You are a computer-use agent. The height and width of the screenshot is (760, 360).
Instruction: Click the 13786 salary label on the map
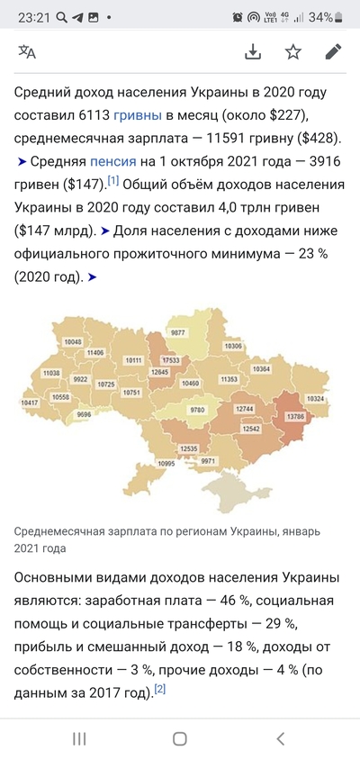click(295, 417)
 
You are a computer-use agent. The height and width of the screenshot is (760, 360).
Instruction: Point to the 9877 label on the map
click(178, 332)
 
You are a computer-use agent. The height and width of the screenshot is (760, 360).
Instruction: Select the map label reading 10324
click(315, 398)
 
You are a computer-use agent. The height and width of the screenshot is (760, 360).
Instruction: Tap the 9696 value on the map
click(84, 414)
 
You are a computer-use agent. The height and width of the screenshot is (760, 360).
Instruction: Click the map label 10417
click(31, 403)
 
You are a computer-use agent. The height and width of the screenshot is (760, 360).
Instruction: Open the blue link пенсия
click(112, 162)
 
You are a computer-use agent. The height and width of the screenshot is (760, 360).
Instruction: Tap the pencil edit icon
click(333, 51)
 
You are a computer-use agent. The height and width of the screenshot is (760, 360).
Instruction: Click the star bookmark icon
click(293, 51)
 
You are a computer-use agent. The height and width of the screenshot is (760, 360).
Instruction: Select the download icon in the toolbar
click(253, 51)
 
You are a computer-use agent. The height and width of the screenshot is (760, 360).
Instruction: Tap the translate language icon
click(27, 51)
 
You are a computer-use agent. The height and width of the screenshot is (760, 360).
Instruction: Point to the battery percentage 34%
click(321, 17)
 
